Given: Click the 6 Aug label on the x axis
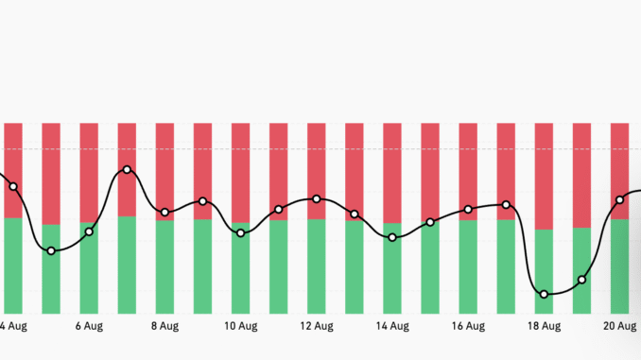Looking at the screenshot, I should [x=88, y=327].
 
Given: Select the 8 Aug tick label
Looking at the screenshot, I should [x=165, y=327].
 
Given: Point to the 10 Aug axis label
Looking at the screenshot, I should [x=240, y=327].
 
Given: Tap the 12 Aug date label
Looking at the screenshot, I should [x=316, y=327].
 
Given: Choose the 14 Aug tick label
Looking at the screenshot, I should [x=392, y=327].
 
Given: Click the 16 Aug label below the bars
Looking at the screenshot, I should [x=468, y=327].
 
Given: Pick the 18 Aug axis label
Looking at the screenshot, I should [x=544, y=327].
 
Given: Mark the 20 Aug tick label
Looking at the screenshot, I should [x=619, y=327].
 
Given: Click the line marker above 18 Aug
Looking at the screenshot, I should [x=544, y=294].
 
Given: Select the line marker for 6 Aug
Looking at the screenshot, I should [x=89, y=231].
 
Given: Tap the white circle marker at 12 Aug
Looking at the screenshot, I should [x=317, y=199].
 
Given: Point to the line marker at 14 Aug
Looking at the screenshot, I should [x=392, y=237].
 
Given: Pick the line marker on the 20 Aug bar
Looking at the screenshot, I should [x=620, y=199].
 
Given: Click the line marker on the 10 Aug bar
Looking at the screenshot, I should [x=240, y=232].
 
